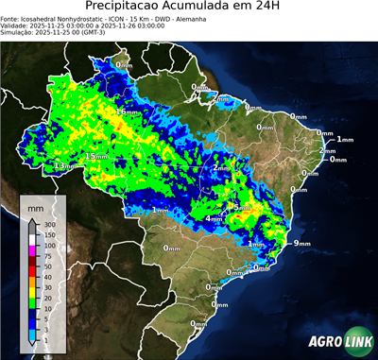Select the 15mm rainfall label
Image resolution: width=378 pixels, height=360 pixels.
(96, 156)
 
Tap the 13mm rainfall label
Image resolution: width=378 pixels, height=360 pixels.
(64, 165)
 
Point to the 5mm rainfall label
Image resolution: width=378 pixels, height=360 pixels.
(241, 208)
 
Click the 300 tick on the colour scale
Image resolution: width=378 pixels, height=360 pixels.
(49, 224)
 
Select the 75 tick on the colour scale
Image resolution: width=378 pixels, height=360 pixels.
(48, 256)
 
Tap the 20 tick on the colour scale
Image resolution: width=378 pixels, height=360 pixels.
(48, 299)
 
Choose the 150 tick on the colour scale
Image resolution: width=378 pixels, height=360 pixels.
(49, 234)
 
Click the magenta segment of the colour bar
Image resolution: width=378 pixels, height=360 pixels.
(32, 250)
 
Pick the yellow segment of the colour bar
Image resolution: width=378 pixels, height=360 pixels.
(32, 293)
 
